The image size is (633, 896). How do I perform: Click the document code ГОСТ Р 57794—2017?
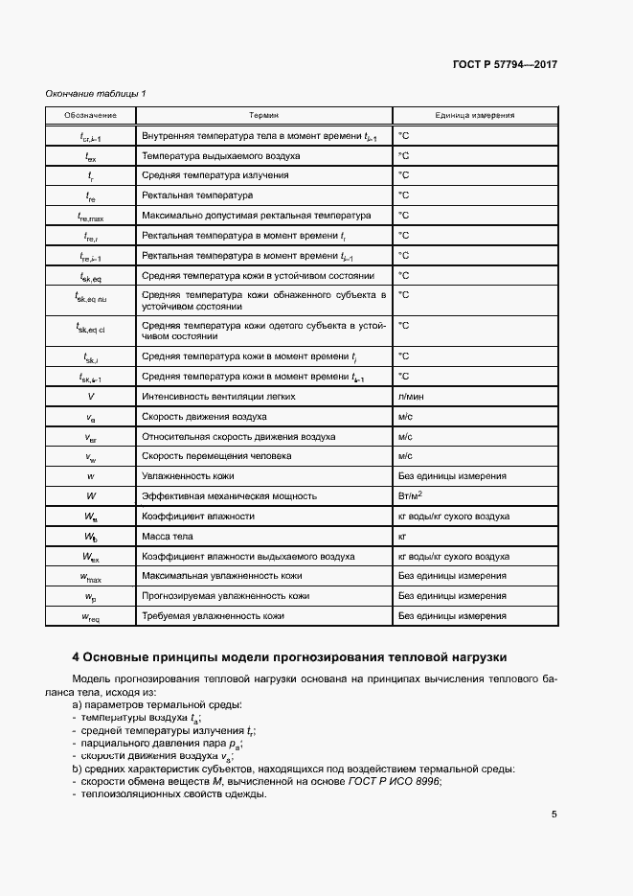click(x=506, y=65)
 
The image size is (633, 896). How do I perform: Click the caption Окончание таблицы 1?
click(x=96, y=93)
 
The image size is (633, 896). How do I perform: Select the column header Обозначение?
click(x=91, y=115)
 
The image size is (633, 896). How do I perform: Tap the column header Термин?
click(x=263, y=115)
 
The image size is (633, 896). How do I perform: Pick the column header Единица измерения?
click(x=474, y=115)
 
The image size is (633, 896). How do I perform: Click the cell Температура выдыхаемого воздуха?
click(x=221, y=155)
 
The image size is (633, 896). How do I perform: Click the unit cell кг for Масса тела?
click(x=403, y=536)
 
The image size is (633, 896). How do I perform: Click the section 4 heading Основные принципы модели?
click(x=289, y=657)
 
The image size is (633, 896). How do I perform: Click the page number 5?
click(x=554, y=815)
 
